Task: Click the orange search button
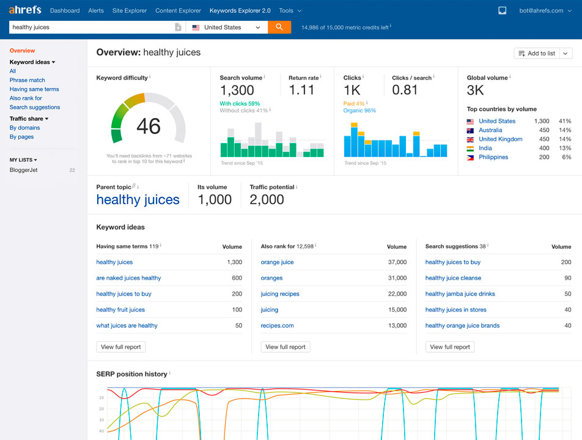click(279, 27)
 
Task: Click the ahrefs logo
click(25, 10)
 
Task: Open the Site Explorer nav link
click(130, 10)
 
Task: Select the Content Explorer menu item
click(178, 10)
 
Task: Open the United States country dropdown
click(227, 27)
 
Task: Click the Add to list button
click(537, 53)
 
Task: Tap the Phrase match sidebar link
click(28, 80)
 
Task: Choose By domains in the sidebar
click(25, 128)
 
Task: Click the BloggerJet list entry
click(24, 170)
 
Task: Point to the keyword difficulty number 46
click(149, 126)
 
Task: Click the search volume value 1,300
click(237, 90)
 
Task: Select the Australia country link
click(490, 130)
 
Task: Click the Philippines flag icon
click(471, 157)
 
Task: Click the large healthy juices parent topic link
click(138, 200)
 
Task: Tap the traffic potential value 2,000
click(267, 200)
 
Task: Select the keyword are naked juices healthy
click(128, 278)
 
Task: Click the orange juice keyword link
click(277, 262)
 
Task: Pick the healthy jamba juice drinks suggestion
click(460, 294)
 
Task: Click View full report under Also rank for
click(285, 347)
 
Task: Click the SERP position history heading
click(131, 373)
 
